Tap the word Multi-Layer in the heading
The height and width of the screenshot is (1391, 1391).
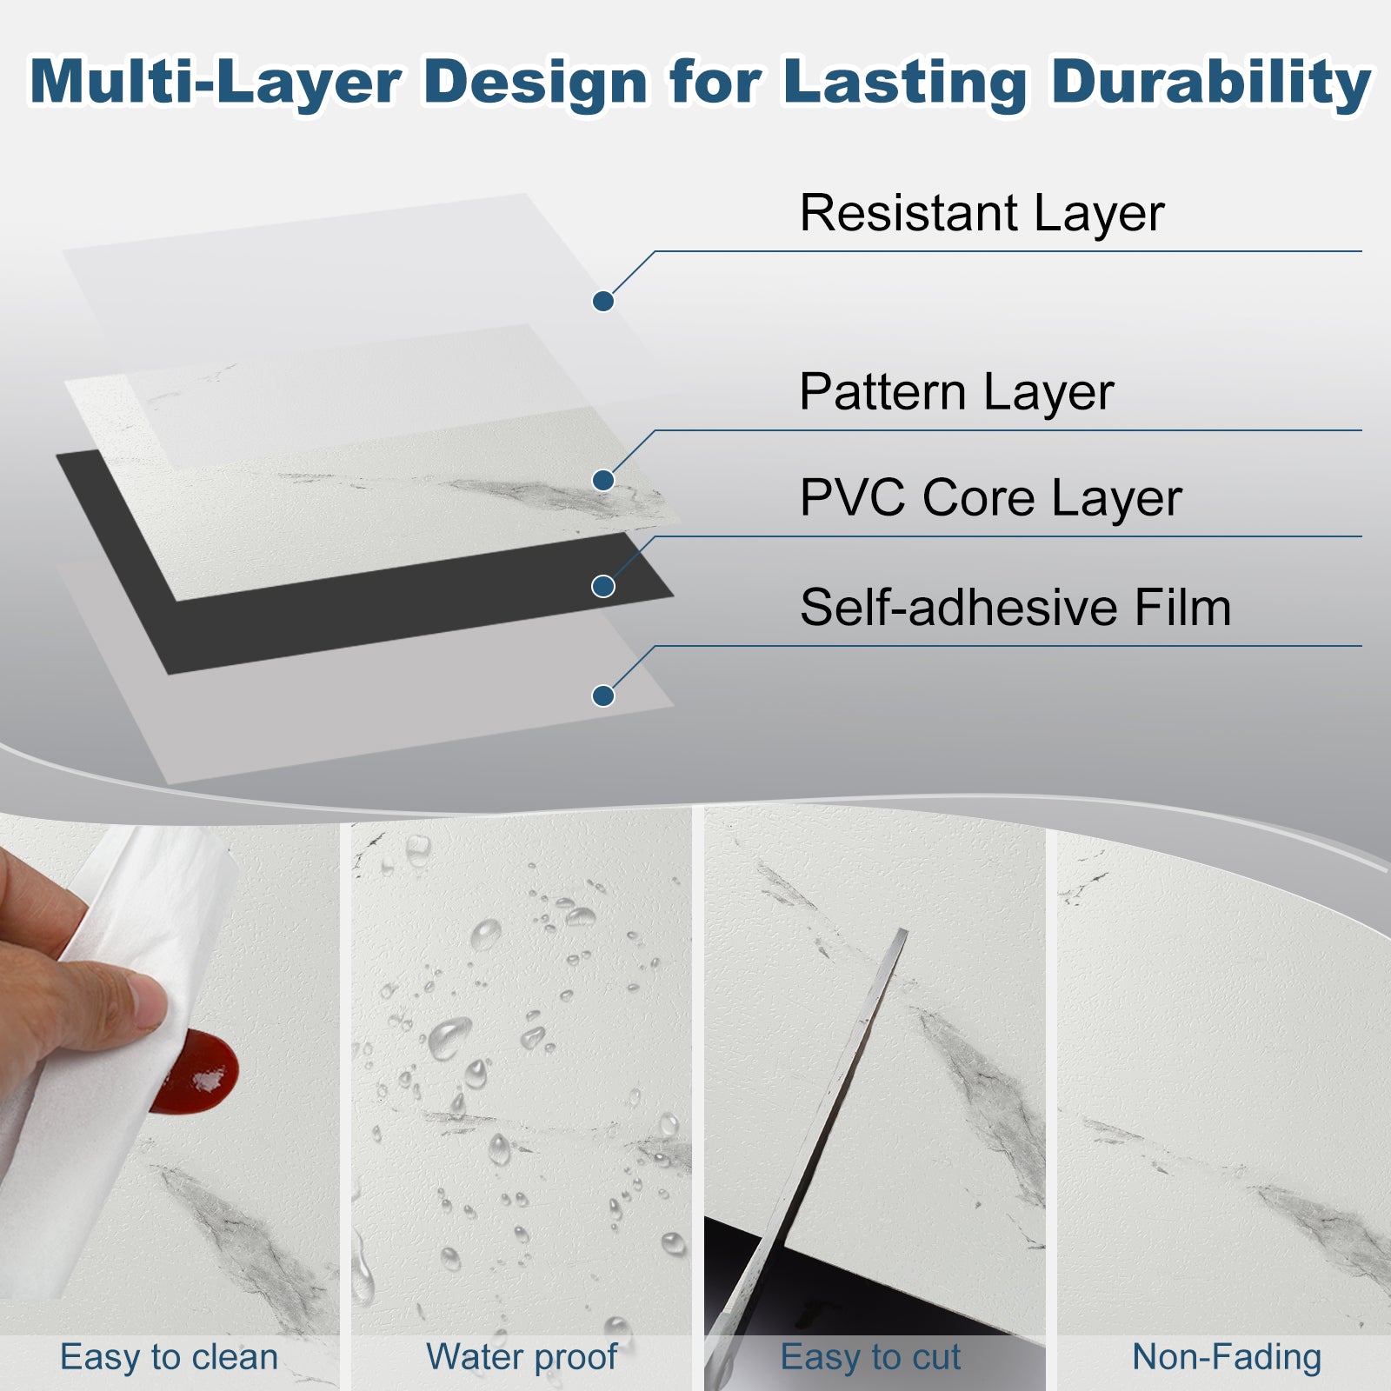pyautogui.click(x=215, y=83)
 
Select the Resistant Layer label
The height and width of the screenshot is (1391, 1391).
pyautogui.click(x=982, y=214)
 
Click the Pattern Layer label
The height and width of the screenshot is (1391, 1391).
pyautogui.click(x=956, y=393)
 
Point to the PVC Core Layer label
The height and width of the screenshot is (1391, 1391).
pyautogui.click(x=991, y=499)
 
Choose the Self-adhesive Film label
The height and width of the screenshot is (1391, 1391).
pyautogui.click(x=1015, y=607)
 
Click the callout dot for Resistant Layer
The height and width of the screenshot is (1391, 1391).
pyautogui.click(x=603, y=302)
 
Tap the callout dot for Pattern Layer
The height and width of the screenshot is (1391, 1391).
pyautogui.click(x=603, y=480)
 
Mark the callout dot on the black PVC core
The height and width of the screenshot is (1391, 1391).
pyautogui.click(x=603, y=587)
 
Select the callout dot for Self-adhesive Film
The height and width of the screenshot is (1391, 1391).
pyautogui.click(x=603, y=695)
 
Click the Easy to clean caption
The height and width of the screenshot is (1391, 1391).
pyautogui.click(x=169, y=1357)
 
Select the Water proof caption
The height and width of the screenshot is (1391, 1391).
pyautogui.click(x=522, y=1357)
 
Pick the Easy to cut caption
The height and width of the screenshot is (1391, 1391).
pyautogui.click(x=870, y=1357)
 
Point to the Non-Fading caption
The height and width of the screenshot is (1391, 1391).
pyautogui.click(x=1227, y=1357)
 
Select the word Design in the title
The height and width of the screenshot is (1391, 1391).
pyautogui.click(x=536, y=83)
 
